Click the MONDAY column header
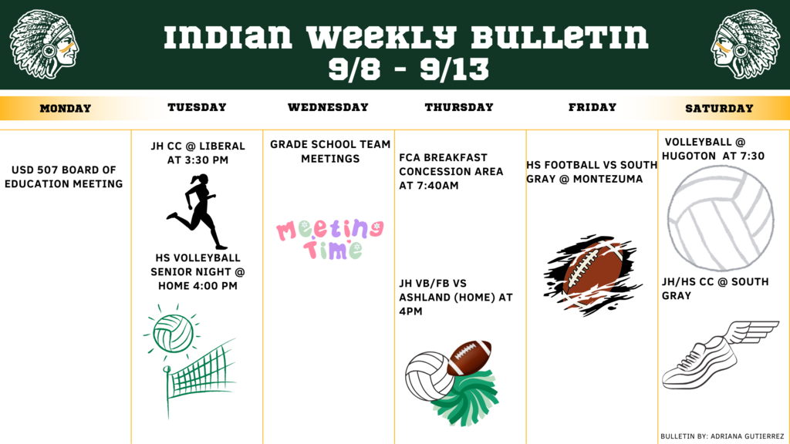(x=66, y=109)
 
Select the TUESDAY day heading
(x=197, y=108)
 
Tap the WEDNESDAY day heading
(x=328, y=108)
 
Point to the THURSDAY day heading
(x=459, y=108)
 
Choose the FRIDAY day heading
(x=592, y=108)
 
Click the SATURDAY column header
(x=719, y=109)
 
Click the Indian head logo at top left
(x=44, y=44)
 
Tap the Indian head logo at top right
(x=745, y=44)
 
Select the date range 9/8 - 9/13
(x=408, y=69)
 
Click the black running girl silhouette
(x=197, y=210)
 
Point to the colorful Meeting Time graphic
(x=330, y=238)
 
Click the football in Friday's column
(x=593, y=274)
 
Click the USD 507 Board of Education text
(x=66, y=177)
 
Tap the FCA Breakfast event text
(x=451, y=171)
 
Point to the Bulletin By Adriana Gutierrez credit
(x=722, y=436)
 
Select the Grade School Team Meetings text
(x=330, y=151)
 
